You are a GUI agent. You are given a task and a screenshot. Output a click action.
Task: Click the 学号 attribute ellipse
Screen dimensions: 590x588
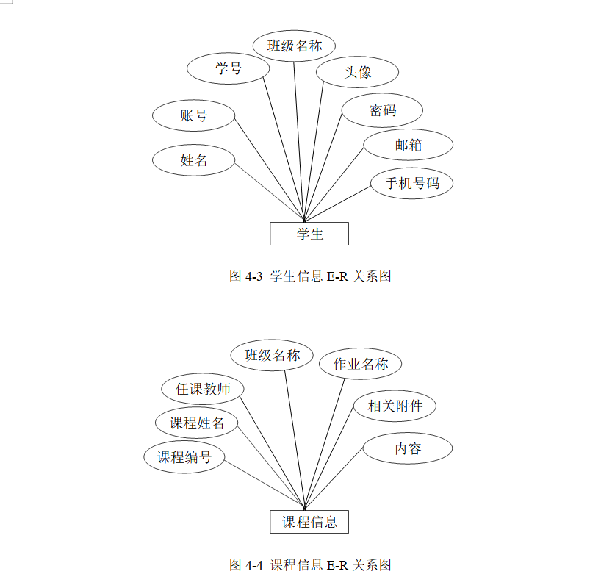[x=228, y=69]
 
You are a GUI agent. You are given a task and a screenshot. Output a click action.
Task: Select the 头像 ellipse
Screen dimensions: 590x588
[x=357, y=72]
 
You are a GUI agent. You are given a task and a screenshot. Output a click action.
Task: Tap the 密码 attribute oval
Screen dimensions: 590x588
[x=382, y=110]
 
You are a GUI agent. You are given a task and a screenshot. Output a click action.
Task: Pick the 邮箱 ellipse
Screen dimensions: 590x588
[x=408, y=145]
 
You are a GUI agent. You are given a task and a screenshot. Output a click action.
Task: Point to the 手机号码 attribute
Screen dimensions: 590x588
[x=411, y=183]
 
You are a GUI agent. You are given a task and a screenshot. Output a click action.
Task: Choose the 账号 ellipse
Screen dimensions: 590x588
[x=193, y=115]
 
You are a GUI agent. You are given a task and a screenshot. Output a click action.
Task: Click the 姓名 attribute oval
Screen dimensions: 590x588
[x=193, y=160]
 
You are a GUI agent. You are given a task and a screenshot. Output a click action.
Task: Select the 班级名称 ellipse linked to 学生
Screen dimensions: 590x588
[x=294, y=46]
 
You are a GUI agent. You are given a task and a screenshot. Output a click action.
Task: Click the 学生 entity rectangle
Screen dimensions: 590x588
[x=309, y=234]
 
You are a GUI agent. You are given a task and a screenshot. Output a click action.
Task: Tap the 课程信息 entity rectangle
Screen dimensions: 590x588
[x=309, y=522]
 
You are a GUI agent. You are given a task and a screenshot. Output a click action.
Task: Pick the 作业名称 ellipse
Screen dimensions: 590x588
[x=360, y=363]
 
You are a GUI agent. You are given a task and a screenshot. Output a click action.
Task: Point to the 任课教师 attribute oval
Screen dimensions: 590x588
[x=202, y=389]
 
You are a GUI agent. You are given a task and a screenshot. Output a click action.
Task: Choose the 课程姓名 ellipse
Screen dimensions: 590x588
[x=196, y=423]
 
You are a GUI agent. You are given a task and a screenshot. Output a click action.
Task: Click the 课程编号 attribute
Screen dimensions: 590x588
[x=184, y=456]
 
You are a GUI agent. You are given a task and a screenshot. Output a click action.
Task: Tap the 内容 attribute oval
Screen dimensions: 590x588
[x=407, y=448]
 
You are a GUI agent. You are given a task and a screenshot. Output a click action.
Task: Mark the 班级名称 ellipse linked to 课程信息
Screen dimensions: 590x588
[x=272, y=356]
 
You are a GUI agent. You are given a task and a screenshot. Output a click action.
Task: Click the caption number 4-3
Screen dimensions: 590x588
[x=254, y=276]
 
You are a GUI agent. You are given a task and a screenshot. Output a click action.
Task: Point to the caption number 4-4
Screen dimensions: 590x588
[x=254, y=564]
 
